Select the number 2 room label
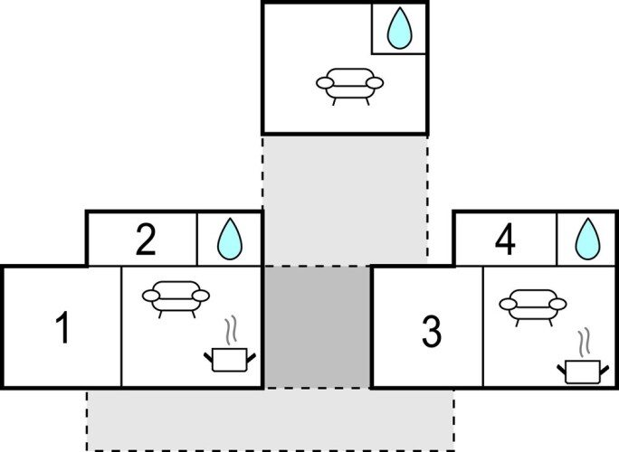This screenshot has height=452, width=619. tap(145, 240)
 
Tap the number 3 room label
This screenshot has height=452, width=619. tap(432, 331)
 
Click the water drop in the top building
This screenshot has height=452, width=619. tap(399, 31)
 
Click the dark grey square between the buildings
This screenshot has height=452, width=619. tap(317, 327)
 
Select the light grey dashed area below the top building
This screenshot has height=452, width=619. tap(344, 199)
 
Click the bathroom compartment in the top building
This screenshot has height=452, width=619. tap(399, 29)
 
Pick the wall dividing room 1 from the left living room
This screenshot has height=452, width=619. tap(121, 327)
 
